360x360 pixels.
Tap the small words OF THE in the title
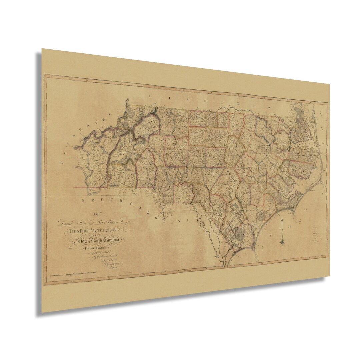[x=96, y=235]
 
